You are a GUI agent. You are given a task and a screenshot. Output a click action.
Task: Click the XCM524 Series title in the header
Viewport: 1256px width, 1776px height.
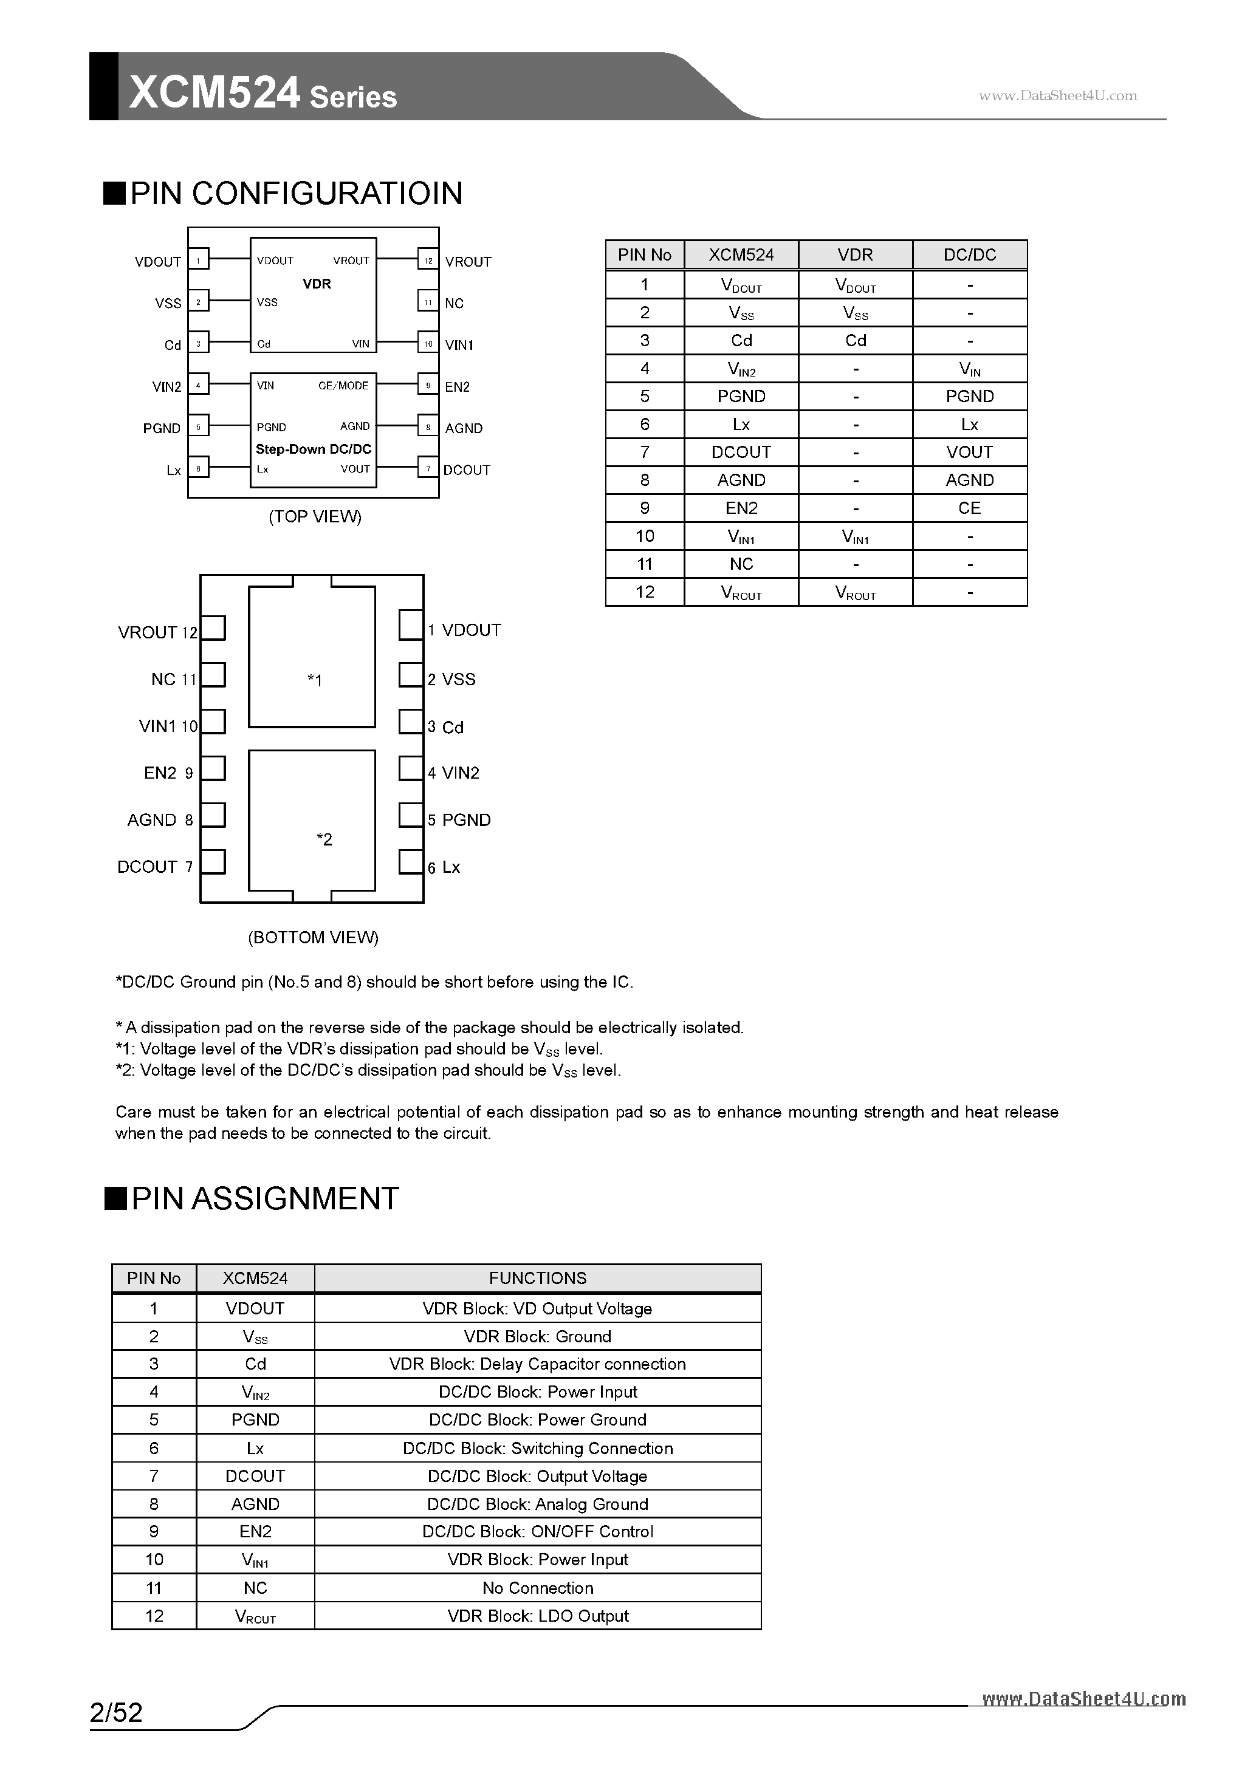click(x=263, y=93)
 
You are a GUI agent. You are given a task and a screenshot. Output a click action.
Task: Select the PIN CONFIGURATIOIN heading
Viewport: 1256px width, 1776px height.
click(x=296, y=193)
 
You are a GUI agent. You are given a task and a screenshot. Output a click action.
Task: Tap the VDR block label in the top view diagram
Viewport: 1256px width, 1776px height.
click(x=317, y=284)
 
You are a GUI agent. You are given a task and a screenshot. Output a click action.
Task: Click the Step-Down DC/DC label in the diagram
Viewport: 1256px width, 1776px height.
click(x=314, y=449)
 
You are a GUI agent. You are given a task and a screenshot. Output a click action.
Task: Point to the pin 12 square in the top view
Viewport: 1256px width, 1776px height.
click(x=427, y=261)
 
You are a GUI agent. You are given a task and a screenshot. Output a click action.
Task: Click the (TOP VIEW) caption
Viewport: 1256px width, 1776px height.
click(x=315, y=516)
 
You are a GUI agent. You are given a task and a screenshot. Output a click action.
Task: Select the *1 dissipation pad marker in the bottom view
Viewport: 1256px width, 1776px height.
click(x=314, y=680)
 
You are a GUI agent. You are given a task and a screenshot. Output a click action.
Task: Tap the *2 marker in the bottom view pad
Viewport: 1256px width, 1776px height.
click(x=324, y=839)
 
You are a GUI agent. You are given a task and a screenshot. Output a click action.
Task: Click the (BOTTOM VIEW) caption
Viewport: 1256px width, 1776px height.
click(x=314, y=938)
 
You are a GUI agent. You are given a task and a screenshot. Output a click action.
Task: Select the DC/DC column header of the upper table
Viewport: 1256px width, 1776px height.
click(x=969, y=254)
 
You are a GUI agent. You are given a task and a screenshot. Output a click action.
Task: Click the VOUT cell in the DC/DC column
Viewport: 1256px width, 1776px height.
click(x=969, y=452)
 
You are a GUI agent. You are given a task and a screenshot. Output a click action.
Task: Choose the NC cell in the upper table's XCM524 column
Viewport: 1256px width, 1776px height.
click(x=741, y=564)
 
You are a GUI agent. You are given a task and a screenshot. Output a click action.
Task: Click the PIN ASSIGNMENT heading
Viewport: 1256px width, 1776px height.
click(x=265, y=1198)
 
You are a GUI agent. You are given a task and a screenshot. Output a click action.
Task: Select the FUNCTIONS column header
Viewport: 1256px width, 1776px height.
click(x=537, y=1278)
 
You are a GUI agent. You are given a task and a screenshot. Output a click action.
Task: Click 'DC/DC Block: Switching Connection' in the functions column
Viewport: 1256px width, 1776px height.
click(x=537, y=1448)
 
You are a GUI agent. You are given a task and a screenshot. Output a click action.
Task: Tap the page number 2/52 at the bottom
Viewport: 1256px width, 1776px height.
click(x=117, y=1712)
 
